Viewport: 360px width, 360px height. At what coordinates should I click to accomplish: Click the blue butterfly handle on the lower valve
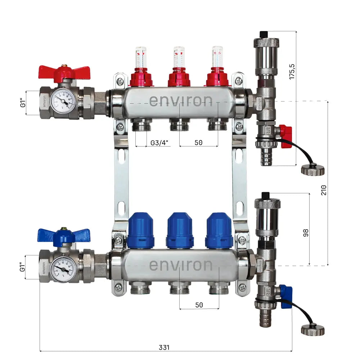click(x=63, y=235)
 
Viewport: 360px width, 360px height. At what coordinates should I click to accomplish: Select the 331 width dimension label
click(x=164, y=347)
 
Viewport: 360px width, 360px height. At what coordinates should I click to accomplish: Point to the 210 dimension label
click(x=324, y=190)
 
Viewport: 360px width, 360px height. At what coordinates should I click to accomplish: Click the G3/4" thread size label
click(x=159, y=143)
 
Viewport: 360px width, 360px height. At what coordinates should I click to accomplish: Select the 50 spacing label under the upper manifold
click(x=198, y=143)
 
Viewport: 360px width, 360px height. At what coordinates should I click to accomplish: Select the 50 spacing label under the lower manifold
click(x=199, y=305)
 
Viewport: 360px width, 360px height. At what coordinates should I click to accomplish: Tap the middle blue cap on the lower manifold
click(x=180, y=230)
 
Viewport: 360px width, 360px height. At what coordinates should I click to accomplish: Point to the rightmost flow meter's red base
click(x=217, y=77)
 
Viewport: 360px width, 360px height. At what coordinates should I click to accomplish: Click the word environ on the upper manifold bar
click(x=181, y=100)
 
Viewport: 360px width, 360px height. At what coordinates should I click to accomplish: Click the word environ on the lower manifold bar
click(x=181, y=265)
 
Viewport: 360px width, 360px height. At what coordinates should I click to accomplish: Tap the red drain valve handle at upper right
click(x=286, y=137)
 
